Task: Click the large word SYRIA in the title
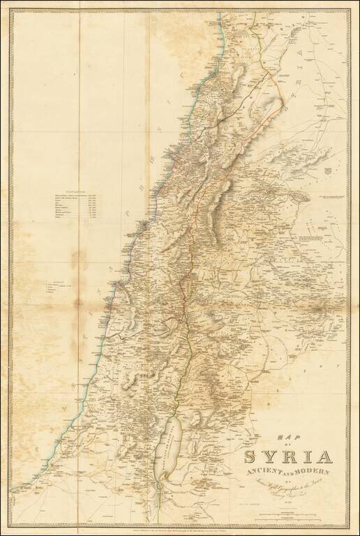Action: tap(287, 459)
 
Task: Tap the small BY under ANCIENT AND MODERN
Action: tap(287, 479)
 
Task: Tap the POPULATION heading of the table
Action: tap(75, 191)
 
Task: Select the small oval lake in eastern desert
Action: tap(301, 198)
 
